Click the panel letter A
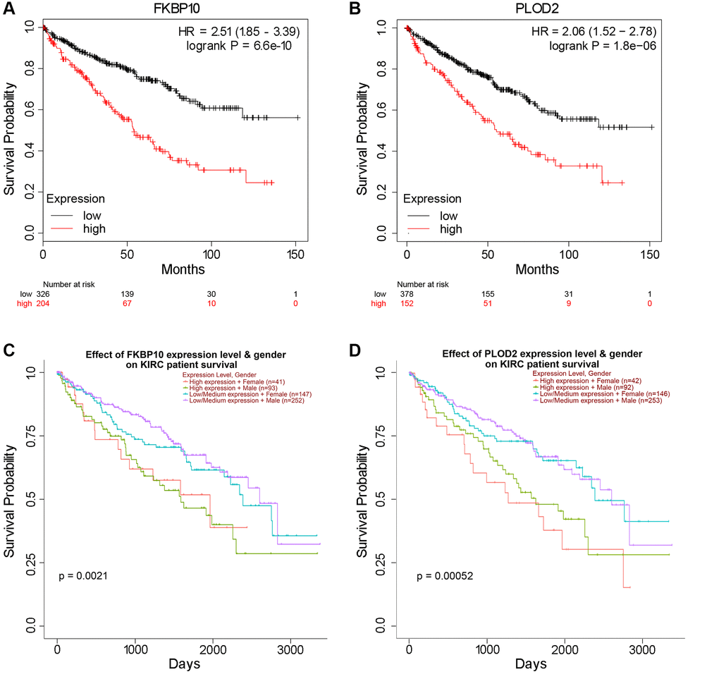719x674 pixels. [x=8, y=8]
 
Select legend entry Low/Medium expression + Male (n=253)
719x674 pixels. [x=591, y=400]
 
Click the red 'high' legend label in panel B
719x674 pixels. [x=450, y=229]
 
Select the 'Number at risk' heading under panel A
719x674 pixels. [x=68, y=284]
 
